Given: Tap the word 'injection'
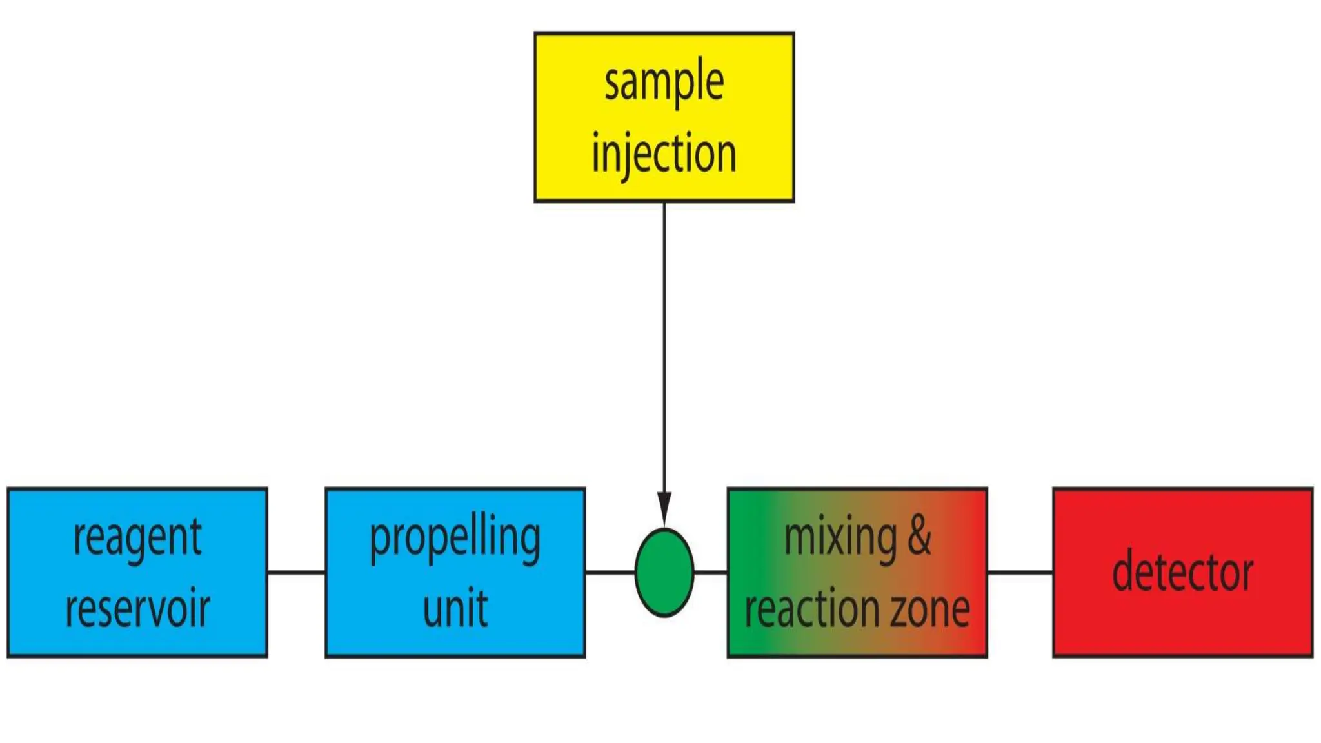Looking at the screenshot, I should pos(664,154).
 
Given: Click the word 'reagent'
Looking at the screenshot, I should pos(137,538).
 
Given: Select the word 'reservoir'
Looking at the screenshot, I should pos(137,608).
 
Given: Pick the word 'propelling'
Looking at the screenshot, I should pos(455,538).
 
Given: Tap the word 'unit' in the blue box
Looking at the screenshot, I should pos(455,608).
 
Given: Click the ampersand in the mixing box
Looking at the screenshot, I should pos(919,535).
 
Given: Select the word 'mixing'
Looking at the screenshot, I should pos(840,537).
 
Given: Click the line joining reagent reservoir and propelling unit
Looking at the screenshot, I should pos(296,572).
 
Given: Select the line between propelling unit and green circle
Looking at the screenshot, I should pos(610,572).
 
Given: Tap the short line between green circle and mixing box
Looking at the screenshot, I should pos(711,572).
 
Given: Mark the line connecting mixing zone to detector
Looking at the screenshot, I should pos(1020,572).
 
